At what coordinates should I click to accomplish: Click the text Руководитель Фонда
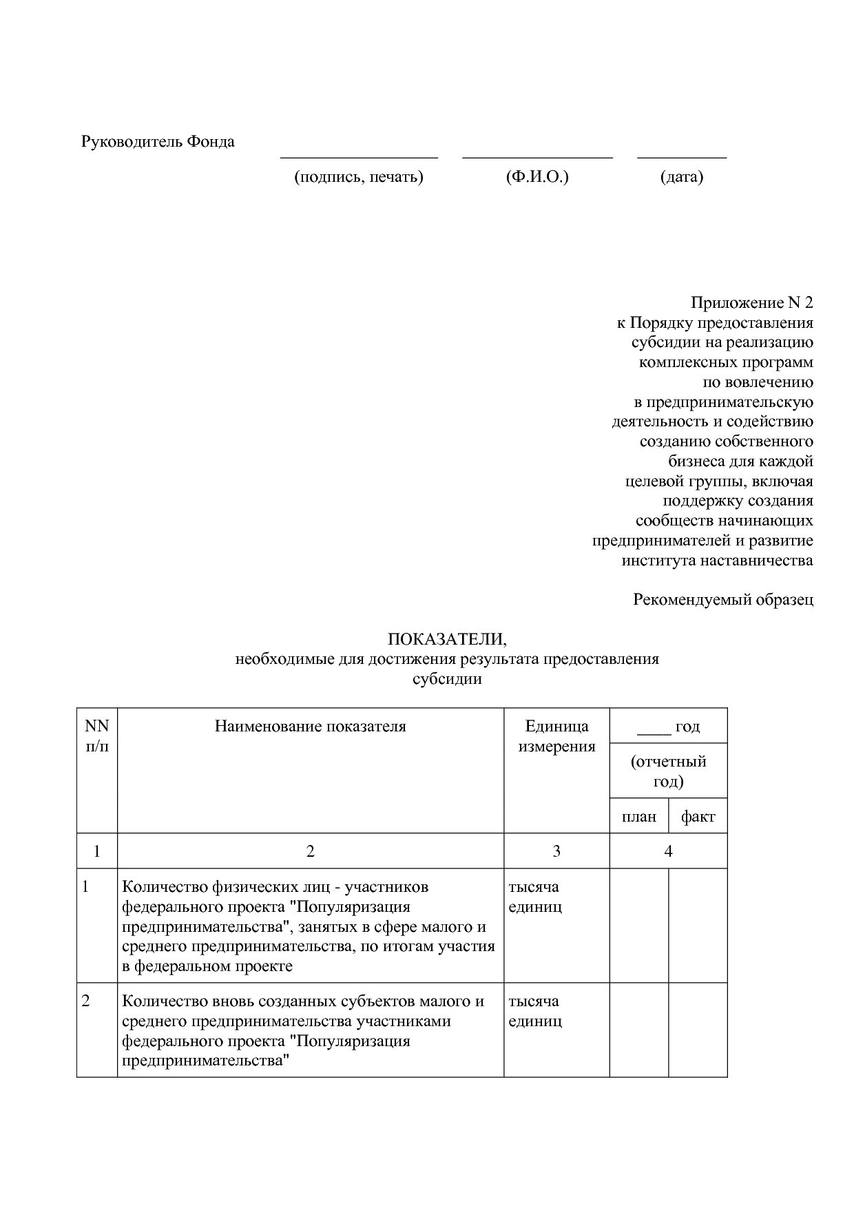(x=158, y=142)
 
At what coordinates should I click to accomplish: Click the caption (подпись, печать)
(x=358, y=177)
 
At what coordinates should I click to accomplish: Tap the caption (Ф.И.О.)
(x=537, y=177)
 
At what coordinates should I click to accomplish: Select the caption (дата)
(x=682, y=177)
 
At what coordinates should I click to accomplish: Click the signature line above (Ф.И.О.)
(x=537, y=158)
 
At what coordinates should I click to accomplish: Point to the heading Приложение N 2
(x=752, y=303)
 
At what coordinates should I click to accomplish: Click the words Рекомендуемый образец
(x=723, y=599)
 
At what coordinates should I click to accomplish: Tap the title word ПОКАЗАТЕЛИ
(x=447, y=639)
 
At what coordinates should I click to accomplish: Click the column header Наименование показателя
(x=311, y=726)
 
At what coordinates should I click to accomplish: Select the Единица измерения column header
(x=556, y=736)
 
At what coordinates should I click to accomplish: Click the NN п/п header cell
(x=97, y=736)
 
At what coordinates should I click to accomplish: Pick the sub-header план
(x=639, y=817)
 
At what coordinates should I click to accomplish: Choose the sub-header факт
(x=698, y=817)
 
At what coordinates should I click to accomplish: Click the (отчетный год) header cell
(x=668, y=771)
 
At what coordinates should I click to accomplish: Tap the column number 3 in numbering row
(x=556, y=851)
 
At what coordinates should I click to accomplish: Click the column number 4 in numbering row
(x=668, y=851)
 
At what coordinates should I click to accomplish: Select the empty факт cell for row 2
(x=698, y=1030)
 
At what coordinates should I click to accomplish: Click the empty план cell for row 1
(x=639, y=925)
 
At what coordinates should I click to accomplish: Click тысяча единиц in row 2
(x=535, y=1011)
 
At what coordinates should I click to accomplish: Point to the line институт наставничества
(x=717, y=560)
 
